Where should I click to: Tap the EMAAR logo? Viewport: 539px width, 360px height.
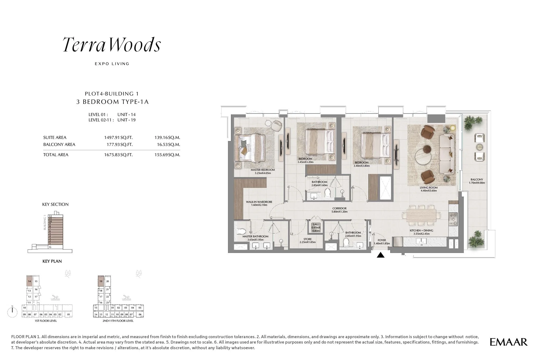click(508, 342)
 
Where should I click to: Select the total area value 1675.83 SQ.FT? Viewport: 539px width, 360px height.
click(118, 155)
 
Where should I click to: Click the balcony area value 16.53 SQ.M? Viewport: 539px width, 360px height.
click(168, 145)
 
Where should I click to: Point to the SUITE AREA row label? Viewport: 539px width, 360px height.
click(55, 138)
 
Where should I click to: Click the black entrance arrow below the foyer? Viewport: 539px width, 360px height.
click(381, 255)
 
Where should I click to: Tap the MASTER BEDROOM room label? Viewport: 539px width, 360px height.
click(262, 170)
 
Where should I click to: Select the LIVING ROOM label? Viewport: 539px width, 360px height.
click(429, 188)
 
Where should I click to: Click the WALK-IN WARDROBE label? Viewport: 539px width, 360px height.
click(259, 202)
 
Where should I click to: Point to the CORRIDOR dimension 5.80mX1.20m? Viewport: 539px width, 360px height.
click(339, 212)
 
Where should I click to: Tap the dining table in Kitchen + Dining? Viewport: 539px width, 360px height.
click(421, 215)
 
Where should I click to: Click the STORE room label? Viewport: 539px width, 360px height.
click(307, 239)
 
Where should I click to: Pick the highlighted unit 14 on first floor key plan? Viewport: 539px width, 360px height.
click(29, 281)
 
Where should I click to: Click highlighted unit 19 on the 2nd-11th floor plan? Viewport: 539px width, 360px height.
click(101, 281)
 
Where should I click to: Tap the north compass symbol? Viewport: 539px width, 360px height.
click(12, 312)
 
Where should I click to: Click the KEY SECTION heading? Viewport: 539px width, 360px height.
click(55, 204)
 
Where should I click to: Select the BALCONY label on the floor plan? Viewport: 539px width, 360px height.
click(477, 180)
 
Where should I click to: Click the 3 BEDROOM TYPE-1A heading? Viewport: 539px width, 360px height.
click(112, 102)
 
